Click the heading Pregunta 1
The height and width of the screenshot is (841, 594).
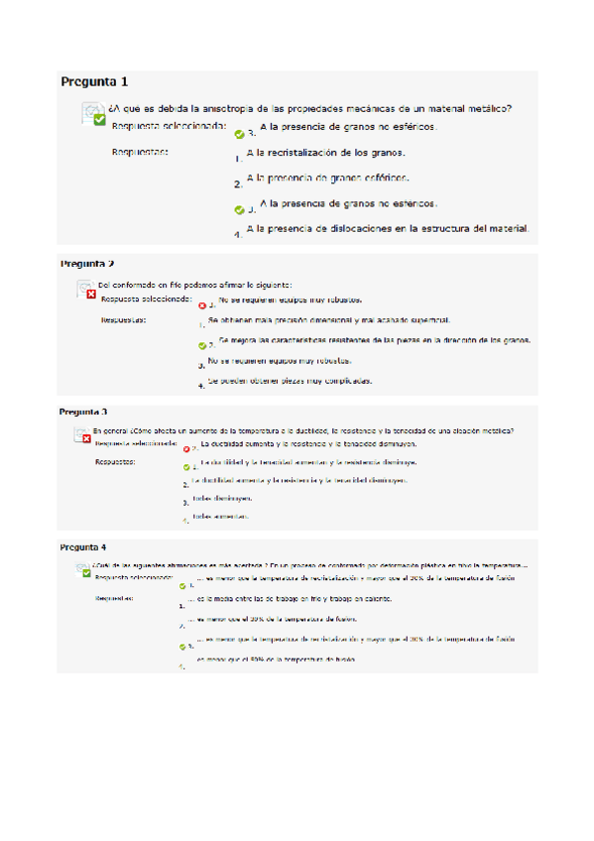pos(94,81)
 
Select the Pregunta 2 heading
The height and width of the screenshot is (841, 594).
pos(87,264)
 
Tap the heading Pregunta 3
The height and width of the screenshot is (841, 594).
pos(83,412)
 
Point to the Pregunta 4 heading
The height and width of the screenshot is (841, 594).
pos(83,547)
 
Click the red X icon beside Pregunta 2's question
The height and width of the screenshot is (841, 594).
pos(90,295)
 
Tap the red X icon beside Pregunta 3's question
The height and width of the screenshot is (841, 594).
pos(86,437)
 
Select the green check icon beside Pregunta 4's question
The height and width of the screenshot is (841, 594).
pos(87,572)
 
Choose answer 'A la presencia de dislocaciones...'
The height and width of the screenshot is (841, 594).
pos(388,228)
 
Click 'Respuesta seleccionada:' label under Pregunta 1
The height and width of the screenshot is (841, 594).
pos(170,127)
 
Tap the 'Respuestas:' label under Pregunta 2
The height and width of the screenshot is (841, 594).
pos(124,320)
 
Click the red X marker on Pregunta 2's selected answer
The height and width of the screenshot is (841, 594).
pos(202,305)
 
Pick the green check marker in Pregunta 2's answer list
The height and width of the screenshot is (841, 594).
pos(202,345)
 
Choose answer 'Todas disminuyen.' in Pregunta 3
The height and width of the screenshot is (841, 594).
pos(222,499)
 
